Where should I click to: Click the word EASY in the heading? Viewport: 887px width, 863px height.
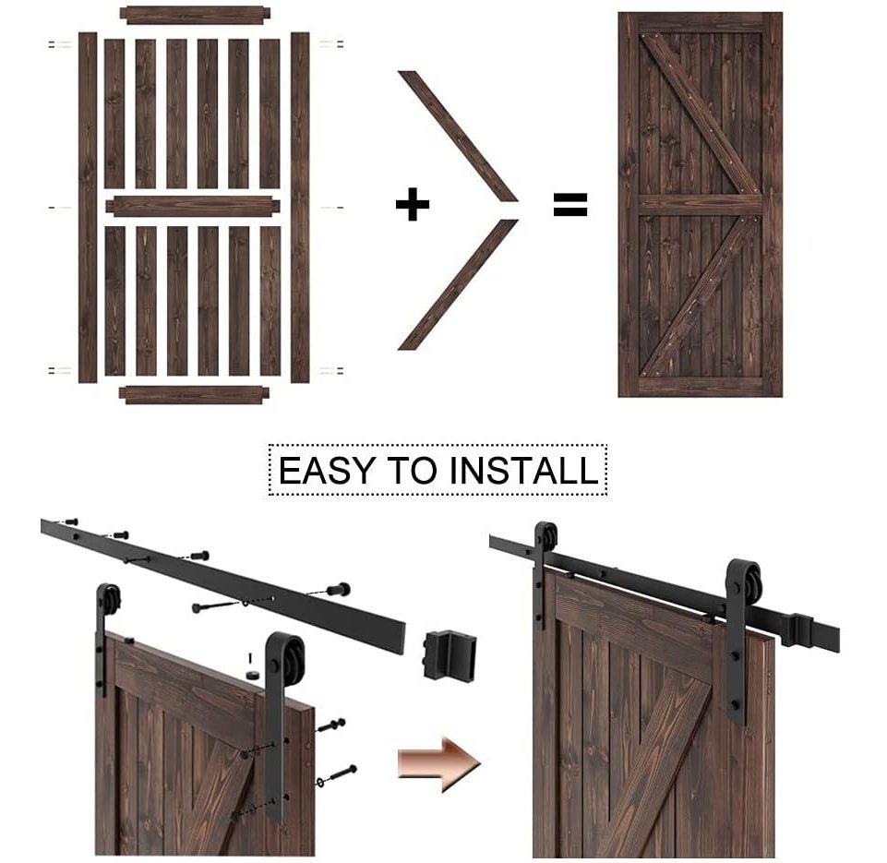point(327,470)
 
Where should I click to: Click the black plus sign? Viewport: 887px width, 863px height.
point(413,204)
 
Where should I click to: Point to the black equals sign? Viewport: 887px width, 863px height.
point(569,204)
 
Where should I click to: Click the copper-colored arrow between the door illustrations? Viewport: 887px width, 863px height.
point(439,763)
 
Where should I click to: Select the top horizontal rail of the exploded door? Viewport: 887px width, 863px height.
point(196,16)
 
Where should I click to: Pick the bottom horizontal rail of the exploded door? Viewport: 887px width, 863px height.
point(195,395)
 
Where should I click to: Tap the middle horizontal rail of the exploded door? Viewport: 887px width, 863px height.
point(193,206)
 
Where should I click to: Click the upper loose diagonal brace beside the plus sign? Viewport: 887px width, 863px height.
point(458,136)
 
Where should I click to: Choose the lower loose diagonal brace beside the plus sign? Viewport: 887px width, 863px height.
point(458,284)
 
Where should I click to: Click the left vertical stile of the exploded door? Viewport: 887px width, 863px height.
point(88,207)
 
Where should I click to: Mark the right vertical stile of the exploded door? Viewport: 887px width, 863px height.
point(300,207)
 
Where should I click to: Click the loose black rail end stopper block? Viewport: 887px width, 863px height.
point(449,655)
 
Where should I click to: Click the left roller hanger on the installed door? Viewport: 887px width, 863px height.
point(545,573)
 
